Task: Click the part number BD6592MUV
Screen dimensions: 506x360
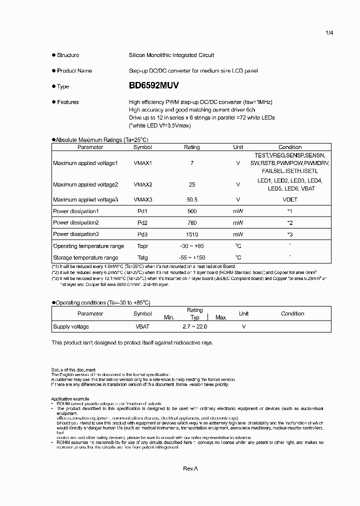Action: [x=153, y=86]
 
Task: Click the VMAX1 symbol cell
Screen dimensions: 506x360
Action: [x=142, y=163]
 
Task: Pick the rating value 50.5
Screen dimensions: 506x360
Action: [x=192, y=199]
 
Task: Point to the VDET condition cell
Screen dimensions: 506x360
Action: [x=290, y=199]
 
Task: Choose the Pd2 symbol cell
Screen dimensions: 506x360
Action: [x=142, y=222]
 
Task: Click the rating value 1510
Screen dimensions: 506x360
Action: [x=192, y=234]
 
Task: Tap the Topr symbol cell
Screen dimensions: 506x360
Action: [x=142, y=246]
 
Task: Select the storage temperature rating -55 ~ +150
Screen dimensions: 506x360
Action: [x=192, y=257]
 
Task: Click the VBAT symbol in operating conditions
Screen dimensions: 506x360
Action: [x=142, y=326]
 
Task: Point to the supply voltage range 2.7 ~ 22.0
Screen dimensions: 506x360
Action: [x=194, y=326]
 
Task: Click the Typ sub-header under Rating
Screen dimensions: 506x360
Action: [x=195, y=317]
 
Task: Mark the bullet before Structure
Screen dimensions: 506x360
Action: [x=53, y=55]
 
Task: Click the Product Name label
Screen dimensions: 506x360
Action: [x=74, y=71]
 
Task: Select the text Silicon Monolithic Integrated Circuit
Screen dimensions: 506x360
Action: [x=171, y=55]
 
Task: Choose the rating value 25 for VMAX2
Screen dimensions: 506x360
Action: [x=192, y=184]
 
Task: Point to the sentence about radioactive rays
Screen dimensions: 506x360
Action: [x=132, y=342]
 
